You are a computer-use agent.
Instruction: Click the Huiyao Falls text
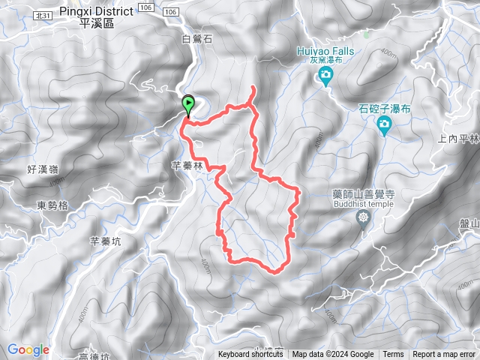[324, 52]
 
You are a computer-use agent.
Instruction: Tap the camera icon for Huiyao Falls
[326, 75]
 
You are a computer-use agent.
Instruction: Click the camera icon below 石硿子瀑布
[385, 124]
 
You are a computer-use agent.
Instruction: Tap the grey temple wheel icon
[364, 217]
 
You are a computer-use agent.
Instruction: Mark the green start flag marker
[187, 106]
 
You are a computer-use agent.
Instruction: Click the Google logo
[28, 349]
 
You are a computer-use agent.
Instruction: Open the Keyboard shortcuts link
[250, 355]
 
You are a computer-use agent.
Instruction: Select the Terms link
[393, 355]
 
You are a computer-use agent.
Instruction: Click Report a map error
[444, 355]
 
